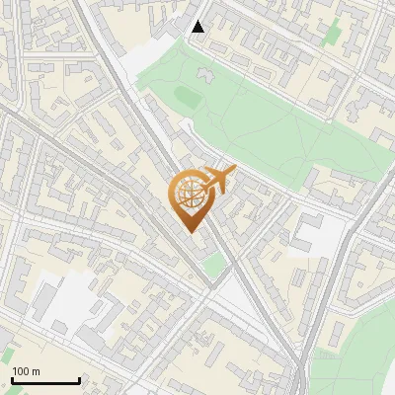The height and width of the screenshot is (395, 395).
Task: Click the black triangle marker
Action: point(198,27)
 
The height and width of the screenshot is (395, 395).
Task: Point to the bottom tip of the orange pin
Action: point(189,233)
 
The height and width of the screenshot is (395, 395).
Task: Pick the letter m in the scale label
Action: point(37,371)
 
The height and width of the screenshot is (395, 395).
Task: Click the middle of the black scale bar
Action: point(44,381)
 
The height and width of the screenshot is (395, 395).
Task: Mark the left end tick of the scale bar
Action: point(11,379)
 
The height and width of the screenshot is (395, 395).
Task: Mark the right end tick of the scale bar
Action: point(79,379)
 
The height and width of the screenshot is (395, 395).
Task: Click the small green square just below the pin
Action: point(212,264)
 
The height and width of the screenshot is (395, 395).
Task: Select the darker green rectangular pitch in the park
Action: point(185,95)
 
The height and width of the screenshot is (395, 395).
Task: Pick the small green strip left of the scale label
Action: point(5,354)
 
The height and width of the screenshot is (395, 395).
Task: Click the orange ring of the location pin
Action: point(174,194)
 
